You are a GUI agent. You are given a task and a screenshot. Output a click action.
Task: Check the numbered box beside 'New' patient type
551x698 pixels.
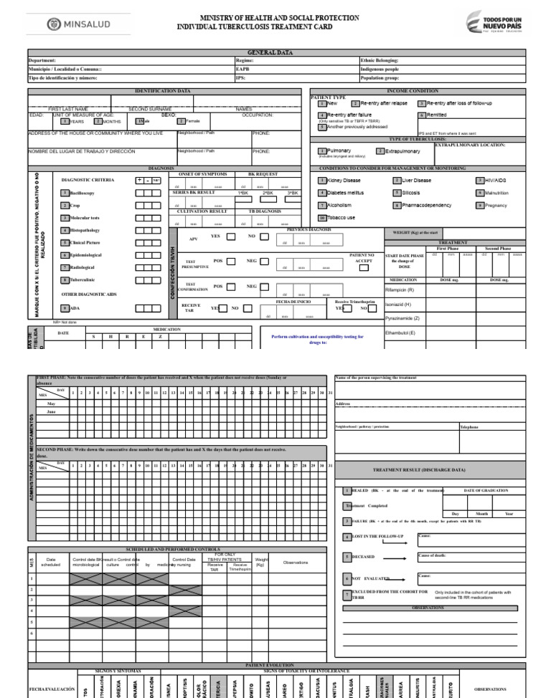[x=323, y=104]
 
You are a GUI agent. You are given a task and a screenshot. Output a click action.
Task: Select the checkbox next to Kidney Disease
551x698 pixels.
[x=323, y=181]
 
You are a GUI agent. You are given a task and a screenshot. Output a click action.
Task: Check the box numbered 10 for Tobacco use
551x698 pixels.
[x=323, y=218]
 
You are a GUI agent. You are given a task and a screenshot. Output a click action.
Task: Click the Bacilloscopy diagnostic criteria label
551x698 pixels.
[x=83, y=193]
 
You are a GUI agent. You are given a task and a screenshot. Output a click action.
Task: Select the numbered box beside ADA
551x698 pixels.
[x=65, y=307]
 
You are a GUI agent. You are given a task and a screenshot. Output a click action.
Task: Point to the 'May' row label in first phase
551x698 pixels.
[x=51, y=403]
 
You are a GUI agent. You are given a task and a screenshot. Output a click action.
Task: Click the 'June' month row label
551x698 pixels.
[x=51, y=413]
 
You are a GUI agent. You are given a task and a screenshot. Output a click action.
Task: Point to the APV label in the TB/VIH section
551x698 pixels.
[x=193, y=239]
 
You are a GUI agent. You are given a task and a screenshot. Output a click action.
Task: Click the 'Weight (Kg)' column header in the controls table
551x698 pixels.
[x=262, y=562]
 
